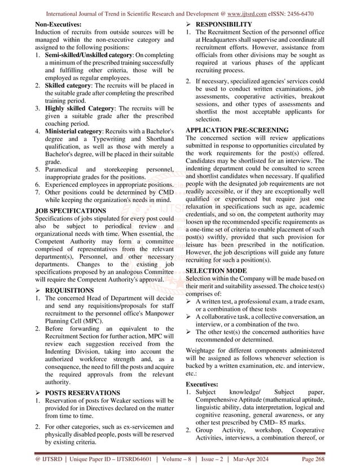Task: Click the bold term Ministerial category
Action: [77, 131]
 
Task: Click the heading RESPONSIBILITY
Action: [223, 25]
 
